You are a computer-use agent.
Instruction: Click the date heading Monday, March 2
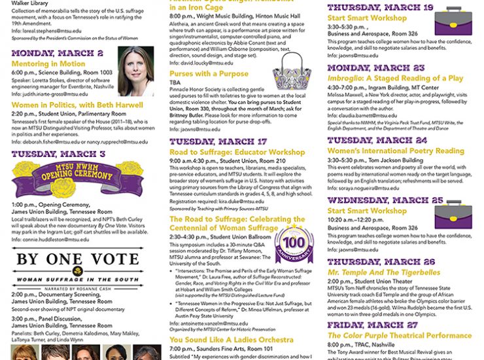[58, 53]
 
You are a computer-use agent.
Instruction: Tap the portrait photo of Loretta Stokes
[136, 71]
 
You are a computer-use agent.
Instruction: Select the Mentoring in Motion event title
[48, 64]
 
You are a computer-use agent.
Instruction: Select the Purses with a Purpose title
[209, 74]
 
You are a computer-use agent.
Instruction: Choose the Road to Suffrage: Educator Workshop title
[237, 153]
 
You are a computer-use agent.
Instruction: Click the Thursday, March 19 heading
[380, 7]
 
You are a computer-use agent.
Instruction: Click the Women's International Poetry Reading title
[396, 151]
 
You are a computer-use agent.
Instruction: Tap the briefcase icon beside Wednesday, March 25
[453, 215]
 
